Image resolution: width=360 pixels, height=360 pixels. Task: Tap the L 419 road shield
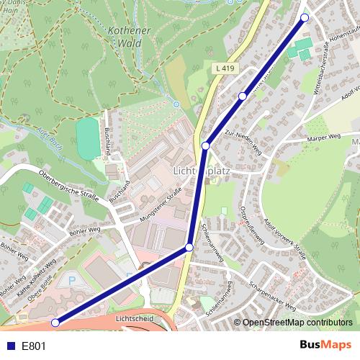pos(225,68)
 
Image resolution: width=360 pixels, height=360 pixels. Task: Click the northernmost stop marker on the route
pos(305,17)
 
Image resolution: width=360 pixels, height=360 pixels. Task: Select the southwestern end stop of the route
pos(55,323)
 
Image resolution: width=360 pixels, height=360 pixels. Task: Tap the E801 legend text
pos(34,346)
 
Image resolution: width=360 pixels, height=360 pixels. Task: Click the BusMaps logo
pos(325,346)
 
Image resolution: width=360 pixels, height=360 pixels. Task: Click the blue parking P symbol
pos(71,280)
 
